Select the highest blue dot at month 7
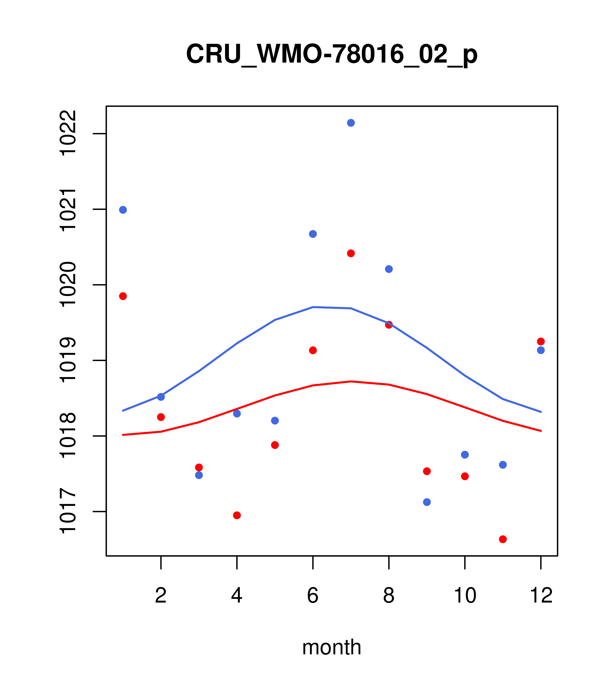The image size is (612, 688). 351,123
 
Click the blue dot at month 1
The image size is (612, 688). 123,210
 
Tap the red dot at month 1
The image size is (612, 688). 123,296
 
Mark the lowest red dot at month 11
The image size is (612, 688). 503,539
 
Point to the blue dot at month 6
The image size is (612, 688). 313,234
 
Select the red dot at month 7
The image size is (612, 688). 351,253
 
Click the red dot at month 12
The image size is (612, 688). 541,341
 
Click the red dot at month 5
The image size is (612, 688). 275,445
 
